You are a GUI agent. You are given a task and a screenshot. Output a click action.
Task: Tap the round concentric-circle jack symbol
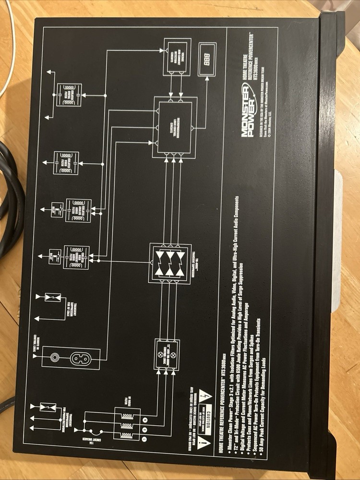pos(55,358)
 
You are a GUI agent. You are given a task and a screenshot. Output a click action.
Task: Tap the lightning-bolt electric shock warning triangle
pos(207,397)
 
